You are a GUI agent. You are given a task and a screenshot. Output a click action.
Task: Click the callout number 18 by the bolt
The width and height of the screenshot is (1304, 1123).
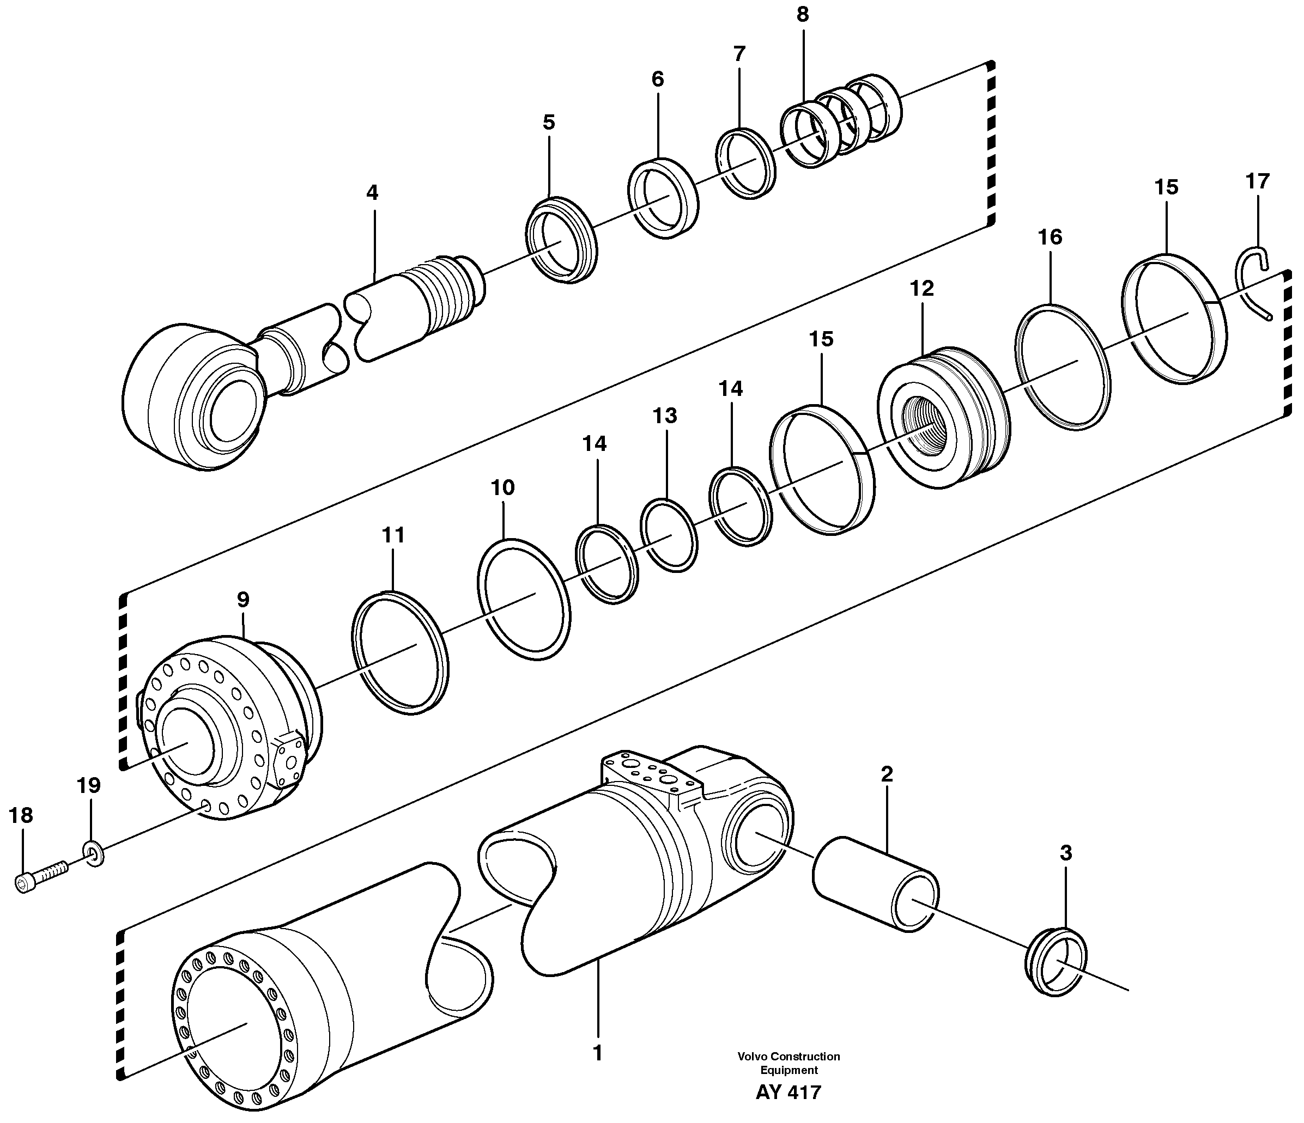[21, 816]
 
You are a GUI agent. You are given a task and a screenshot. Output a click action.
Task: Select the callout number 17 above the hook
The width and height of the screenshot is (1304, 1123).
[1258, 182]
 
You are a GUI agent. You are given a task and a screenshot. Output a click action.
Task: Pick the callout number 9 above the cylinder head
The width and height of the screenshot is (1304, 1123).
[243, 600]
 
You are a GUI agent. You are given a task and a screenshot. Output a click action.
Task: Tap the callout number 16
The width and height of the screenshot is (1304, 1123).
[1050, 237]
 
